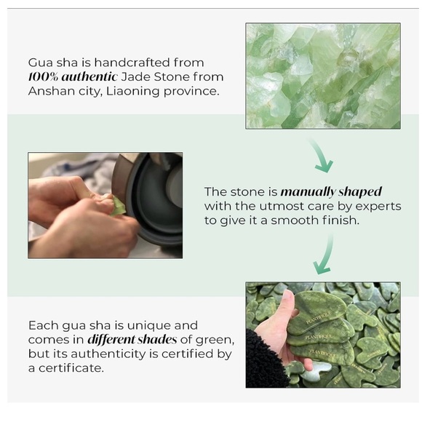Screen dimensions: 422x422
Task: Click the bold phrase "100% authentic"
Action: (x=73, y=76)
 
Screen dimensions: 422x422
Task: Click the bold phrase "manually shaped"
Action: (x=331, y=192)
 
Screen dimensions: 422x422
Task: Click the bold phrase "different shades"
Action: (x=132, y=339)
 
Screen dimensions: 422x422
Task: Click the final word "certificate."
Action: (x=71, y=368)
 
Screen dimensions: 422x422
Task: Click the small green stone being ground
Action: (x=117, y=206)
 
